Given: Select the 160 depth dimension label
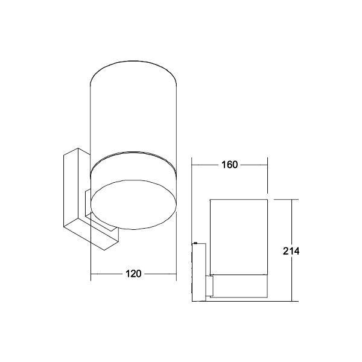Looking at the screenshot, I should [x=229, y=165].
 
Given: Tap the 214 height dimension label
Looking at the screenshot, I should [x=292, y=250].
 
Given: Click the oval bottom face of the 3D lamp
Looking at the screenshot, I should [x=134, y=209].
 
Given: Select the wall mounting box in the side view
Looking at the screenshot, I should [x=199, y=271].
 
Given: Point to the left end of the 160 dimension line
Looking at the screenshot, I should [x=192, y=165].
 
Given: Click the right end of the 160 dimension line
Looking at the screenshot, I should [x=267, y=165].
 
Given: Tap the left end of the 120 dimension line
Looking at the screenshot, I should [x=91, y=274].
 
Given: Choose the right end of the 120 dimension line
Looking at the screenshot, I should [x=176, y=274].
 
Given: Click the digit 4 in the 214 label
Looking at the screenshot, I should [x=297, y=250].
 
